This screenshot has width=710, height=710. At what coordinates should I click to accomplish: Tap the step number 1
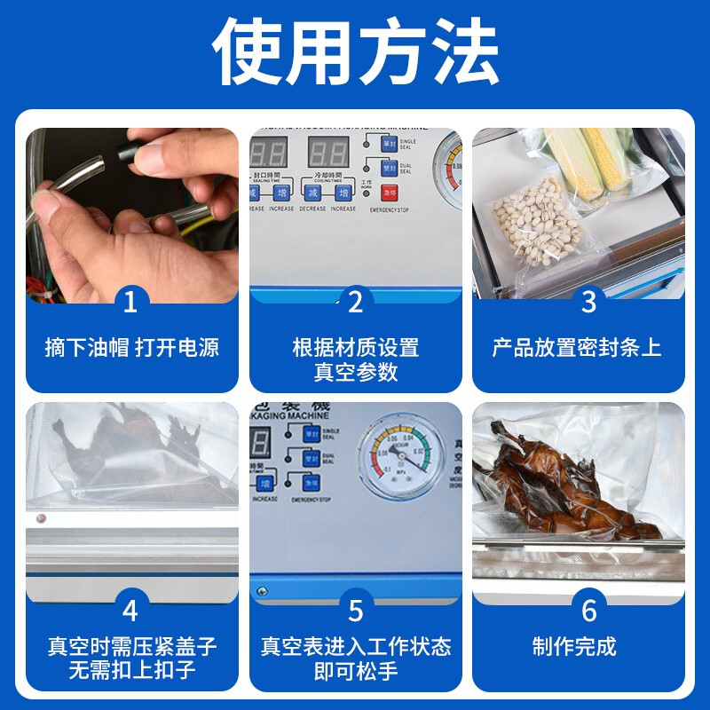pos(130,303)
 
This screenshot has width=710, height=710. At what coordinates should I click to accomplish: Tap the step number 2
pos(356,303)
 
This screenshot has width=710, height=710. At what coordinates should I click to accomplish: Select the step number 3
pos(588,303)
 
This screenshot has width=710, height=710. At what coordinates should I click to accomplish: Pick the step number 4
pos(130,611)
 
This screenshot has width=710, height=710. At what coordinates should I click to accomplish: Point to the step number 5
pos(356,611)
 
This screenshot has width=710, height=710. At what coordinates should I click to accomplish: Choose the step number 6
pos(588,611)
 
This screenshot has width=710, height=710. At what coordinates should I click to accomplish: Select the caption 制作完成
pos(574,646)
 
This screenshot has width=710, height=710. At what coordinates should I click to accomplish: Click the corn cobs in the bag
pos(587,164)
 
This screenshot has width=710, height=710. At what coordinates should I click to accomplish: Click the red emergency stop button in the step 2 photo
pos(389,193)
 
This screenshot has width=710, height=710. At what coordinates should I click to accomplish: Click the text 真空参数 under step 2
pos(356,373)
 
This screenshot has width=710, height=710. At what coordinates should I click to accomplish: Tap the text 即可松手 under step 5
pos(356,671)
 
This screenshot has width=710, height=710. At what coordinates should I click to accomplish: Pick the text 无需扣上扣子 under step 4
pos(131,671)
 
